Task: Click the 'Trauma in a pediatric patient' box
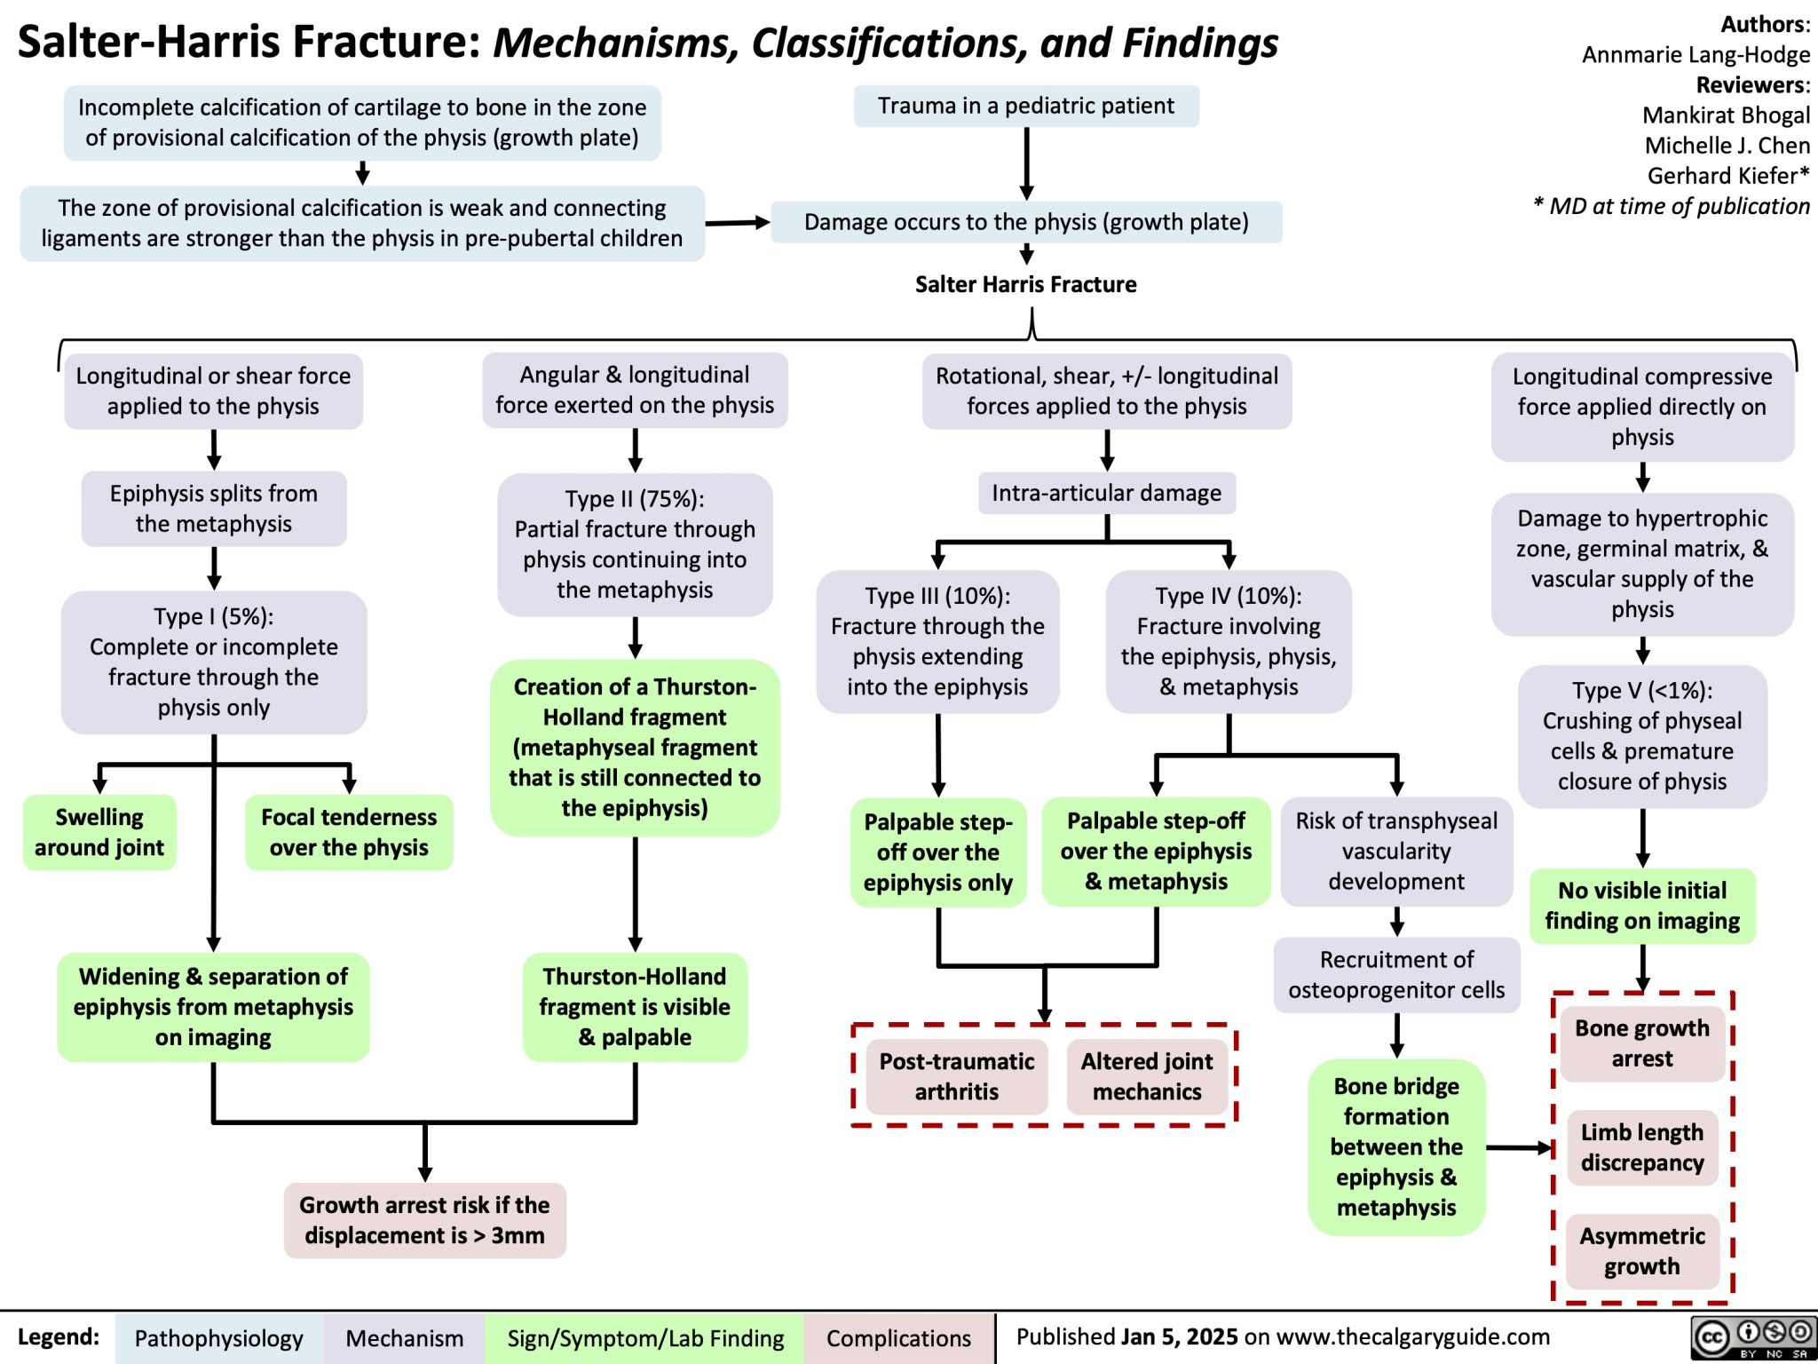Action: (1025, 106)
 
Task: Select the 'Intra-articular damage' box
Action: (1106, 493)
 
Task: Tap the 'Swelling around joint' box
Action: (99, 832)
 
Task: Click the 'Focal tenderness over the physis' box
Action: (349, 832)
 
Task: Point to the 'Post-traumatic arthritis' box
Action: (956, 1076)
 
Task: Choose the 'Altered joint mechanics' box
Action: (1146, 1076)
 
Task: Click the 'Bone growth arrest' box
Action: (1641, 1043)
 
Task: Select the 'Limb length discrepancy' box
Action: (1641, 1147)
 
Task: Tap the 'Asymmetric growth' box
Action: (1641, 1251)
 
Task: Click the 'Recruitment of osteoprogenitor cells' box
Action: (1396, 974)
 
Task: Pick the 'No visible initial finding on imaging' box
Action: (1641, 905)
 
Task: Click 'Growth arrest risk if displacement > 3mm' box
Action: (424, 1220)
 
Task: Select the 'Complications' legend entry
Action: (898, 1338)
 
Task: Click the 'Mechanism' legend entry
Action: (404, 1338)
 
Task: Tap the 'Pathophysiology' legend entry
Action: (218, 1338)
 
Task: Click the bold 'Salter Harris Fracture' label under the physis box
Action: (1025, 284)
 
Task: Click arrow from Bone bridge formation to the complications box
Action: (1518, 1148)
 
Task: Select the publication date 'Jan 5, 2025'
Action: (1179, 1336)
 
